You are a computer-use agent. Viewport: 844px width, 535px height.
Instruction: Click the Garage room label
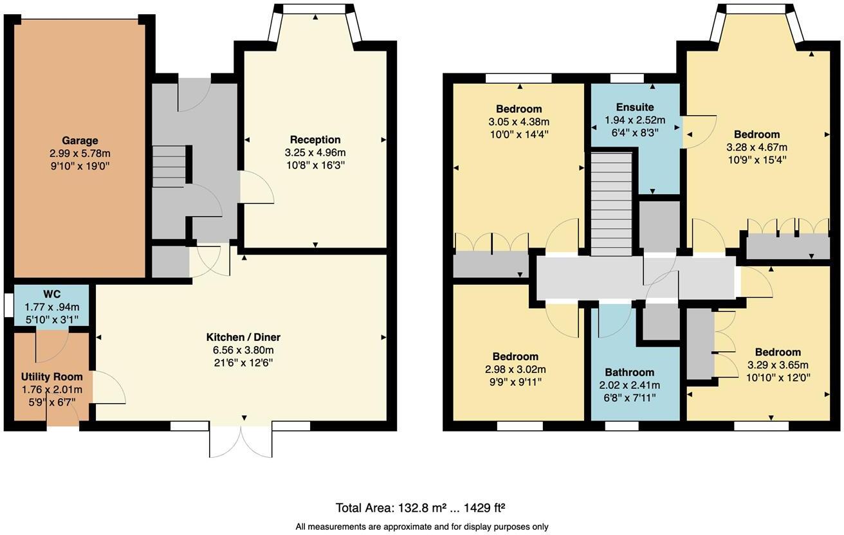80,141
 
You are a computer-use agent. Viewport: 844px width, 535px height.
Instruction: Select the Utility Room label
51,377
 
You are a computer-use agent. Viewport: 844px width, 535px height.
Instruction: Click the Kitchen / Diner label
243,337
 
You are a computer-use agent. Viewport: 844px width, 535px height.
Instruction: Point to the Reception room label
315,140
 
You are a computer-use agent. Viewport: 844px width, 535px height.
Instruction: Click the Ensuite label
634,107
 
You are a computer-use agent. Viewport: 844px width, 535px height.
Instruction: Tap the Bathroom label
629,372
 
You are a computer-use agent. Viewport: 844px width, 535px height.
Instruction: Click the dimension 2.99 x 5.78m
80,154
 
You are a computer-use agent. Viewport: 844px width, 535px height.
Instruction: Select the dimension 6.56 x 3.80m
243,350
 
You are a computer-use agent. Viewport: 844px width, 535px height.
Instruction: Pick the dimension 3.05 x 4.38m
518,122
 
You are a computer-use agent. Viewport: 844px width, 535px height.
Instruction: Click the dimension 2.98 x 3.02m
515,370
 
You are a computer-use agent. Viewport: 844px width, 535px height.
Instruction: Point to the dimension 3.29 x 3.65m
778,365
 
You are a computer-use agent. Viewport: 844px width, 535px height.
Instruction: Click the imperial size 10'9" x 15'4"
757,160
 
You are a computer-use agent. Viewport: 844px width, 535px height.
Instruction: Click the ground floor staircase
169,167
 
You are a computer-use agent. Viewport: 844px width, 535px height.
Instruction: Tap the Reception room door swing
256,188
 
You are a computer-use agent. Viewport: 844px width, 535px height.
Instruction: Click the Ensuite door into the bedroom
697,131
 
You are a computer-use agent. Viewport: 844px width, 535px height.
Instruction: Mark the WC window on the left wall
8,305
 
